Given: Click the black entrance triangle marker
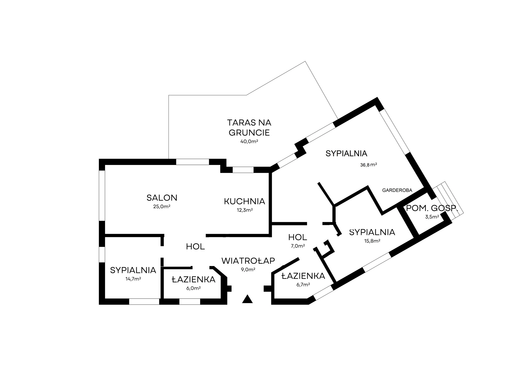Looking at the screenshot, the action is tap(247, 299).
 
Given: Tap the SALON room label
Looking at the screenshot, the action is tap(162, 198).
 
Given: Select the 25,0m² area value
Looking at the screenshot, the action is tap(162, 207).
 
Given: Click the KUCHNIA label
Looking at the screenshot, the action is tap(245, 201).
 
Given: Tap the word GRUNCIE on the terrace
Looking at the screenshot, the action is tap(249, 133).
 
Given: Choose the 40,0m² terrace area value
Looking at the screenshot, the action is tap(249, 141).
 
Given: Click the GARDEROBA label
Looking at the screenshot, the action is tap(397, 190).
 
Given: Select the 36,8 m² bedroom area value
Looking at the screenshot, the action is tap(368, 165).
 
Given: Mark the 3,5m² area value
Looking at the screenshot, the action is tap(432, 217).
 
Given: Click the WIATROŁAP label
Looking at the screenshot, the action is tap(248, 261).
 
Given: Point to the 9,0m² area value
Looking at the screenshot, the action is tap(248, 269).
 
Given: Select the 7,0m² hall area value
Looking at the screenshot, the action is tap(298, 246).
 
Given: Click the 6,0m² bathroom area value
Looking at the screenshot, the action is tap(193, 288).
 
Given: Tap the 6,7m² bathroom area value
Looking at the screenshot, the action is tap(303, 284).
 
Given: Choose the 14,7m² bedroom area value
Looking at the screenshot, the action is tap(133, 279).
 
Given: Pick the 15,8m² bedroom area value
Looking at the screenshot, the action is tap(372, 241).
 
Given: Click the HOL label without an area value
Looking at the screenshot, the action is tap(195, 246).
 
